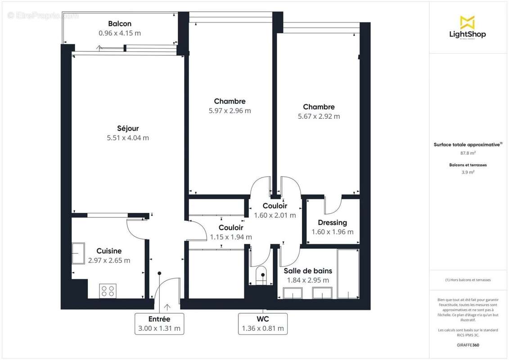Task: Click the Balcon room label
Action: pyautogui.click(x=120, y=23)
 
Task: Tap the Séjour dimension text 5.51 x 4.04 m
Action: pyautogui.click(x=128, y=138)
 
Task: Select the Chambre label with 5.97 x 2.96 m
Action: pyautogui.click(x=230, y=101)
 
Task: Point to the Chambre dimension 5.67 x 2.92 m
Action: pyautogui.click(x=319, y=116)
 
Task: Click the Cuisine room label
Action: pyautogui.click(x=109, y=251)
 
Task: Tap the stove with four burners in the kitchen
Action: pyautogui.click(x=108, y=291)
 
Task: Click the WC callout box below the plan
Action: pyautogui.click(x=263, y=324)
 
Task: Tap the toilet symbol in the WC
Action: pyautogui.click(x=261, y=276)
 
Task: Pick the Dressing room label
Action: pyautogui.click(x=332, y=222)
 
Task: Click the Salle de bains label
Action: pyautogui.click(x=308, y=270)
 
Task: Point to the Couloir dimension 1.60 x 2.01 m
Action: pyautogui.click(x=275, y=215)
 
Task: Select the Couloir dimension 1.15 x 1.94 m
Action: pyautogui.click(x=231, y=237)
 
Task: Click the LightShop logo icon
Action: pyautogui.click(x=468, y=22)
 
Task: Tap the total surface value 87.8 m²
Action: pyautogui.click(x=468, y=153)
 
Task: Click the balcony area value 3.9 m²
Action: pyautogui.click(x=468, y=172)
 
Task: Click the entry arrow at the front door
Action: pyautogui.click(x=167, y=307)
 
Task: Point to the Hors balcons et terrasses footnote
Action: pyautogui.click(x=468, y=280)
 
